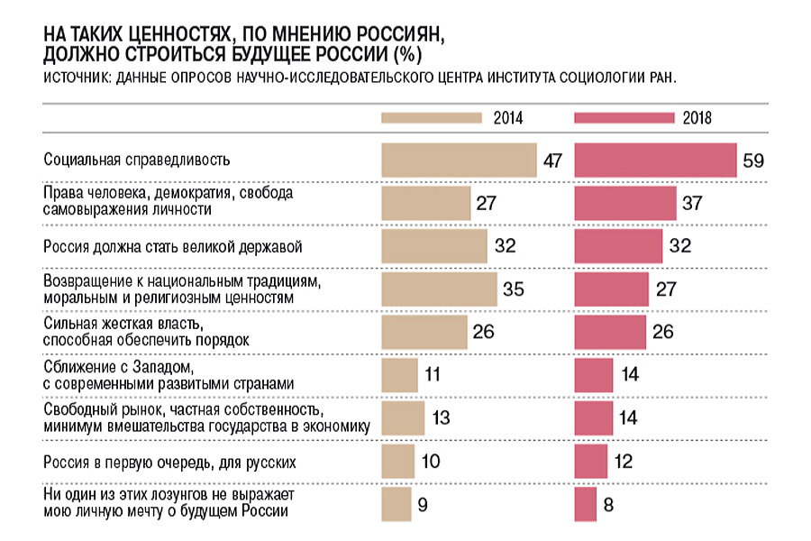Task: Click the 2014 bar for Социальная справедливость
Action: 459,160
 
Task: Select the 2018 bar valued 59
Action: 655,160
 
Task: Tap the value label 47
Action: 552,161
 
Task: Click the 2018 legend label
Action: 698,118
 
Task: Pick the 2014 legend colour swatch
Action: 432,118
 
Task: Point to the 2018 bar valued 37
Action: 625,203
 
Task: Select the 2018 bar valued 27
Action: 611,289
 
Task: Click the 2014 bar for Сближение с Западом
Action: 399,374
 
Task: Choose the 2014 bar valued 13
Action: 403,417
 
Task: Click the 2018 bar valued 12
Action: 591,461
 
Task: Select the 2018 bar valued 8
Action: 586,503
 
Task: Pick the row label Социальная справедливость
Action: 138,160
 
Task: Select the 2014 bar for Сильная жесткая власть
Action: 424,331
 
